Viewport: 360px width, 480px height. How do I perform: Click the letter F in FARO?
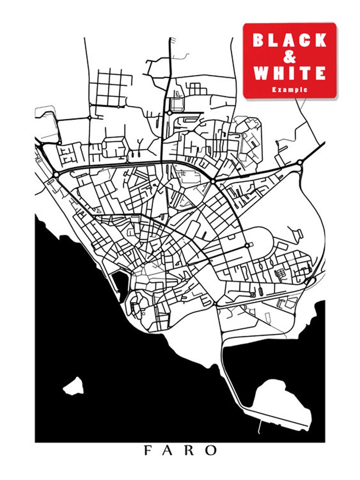148,451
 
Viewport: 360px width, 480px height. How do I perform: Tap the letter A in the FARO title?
168,451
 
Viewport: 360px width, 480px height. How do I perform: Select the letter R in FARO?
190,451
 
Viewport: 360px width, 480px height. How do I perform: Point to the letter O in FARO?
211,451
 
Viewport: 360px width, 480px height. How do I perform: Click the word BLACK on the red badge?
290,40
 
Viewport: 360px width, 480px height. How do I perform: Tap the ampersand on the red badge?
290,57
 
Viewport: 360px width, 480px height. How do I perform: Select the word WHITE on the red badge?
290,73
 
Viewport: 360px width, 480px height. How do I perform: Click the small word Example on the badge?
290,90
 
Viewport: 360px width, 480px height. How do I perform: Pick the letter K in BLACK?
320,40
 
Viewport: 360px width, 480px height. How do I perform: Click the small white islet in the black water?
73,386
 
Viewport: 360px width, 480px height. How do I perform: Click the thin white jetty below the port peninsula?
259,426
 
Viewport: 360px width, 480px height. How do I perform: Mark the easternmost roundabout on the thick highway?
300,162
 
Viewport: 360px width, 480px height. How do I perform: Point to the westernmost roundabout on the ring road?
56,174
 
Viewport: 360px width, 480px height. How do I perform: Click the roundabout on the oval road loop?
247,245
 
